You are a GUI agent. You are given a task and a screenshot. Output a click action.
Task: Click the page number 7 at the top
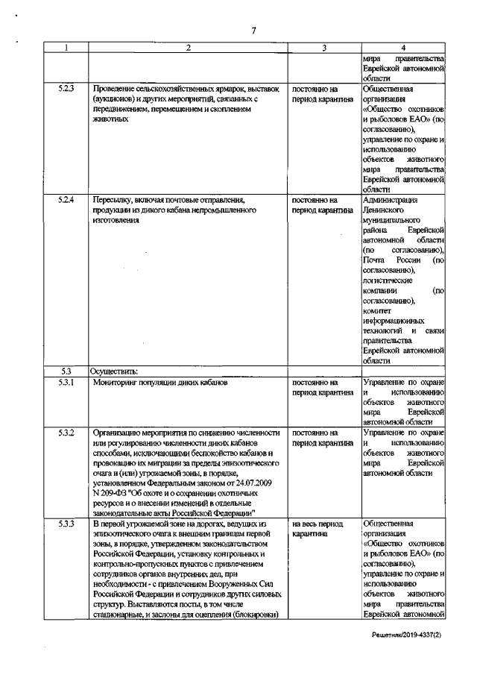(x=253, y=30)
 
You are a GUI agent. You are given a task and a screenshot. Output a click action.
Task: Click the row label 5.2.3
(x=66, y=87)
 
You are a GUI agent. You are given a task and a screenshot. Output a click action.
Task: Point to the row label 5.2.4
(x=66, y=201)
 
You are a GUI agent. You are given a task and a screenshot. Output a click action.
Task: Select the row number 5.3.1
(x=66, y=383)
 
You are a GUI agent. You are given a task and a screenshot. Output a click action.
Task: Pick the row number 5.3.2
(x=66, y=433)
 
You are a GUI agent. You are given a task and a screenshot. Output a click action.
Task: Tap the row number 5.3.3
(x=66, y=525)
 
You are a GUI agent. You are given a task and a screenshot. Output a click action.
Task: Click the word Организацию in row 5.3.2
(x=120, y=433)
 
